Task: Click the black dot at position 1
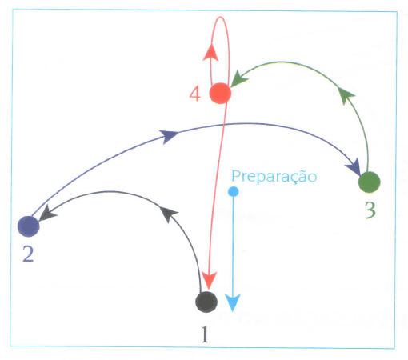pyautogui.click(x=206, y=302)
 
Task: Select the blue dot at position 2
pyautogui.click(x=29, y=226)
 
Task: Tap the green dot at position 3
pyautogui.click(x=370, y=182)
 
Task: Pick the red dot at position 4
pyautogui.click(x=220, y=93)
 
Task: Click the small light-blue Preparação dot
pyautogui.click(x=234, y=191)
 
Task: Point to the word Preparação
pyautogui.click(x=274, y=177)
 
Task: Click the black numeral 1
pyautogui.click(x=205, y=334)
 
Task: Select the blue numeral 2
pyautogui.click(x=28, y=254)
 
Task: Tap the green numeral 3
pyautogui.click(x=370, y=210)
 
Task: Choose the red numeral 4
pyautogui.click(x=195, y=94)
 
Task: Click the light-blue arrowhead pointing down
pyautogui.click(x=233, y=302)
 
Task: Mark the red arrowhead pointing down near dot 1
pyautogui.click(x=209, y=281)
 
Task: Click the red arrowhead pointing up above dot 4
pyautogui.click(x=211, y=52)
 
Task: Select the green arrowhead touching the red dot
pyautogui.click(x=238, y=78)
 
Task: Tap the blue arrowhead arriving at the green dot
pyautogui.click(x=354, y=167)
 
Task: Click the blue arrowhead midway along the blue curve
pyautogui.click(x=169, y=136)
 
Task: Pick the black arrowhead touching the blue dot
pyautogui.click(x=48, y=213)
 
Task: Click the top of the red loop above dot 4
pyautogui.click(x=220, y=17)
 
